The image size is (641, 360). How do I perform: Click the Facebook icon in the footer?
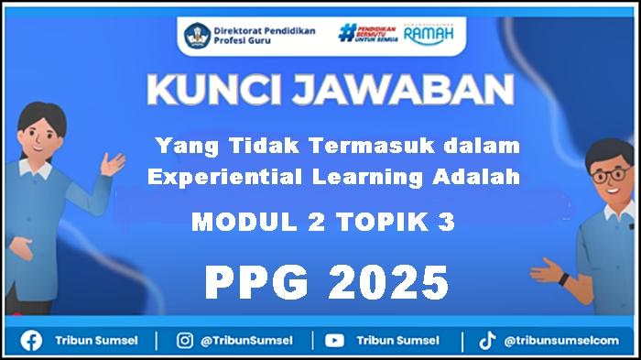(x=31, y=341)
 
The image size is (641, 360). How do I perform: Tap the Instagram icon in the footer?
(x=184, y=341)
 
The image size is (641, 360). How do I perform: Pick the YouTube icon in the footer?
(x=334, y=341)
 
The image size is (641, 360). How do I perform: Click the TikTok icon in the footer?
(x=487, y=341)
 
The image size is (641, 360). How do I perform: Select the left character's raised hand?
(x=114, y=165)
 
